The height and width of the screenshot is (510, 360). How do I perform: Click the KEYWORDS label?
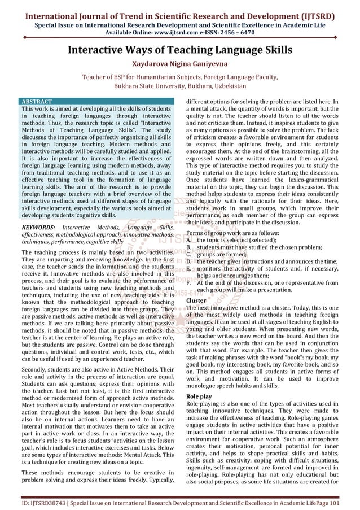tap(38, 227)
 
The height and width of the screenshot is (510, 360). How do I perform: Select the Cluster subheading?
tap(196, 300)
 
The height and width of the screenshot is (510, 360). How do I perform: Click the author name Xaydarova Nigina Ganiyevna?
tap(180, 64)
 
